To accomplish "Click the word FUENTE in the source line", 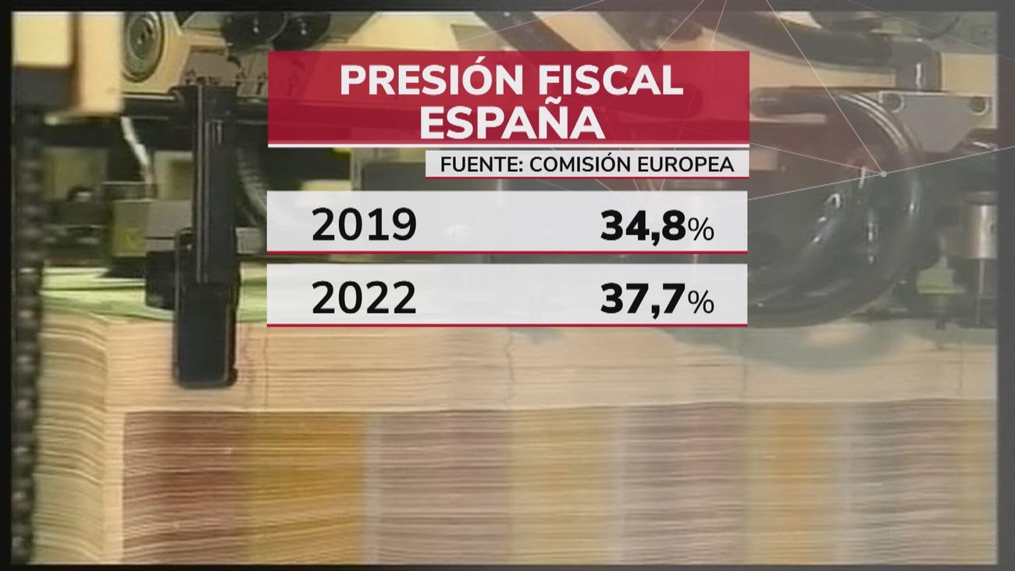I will pos(475,166).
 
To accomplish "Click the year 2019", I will pos(364,226).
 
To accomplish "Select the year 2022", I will pos(364,298).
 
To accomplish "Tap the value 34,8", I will pos(643,226).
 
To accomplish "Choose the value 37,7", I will pos(643,298).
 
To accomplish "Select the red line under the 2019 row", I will pos(507,253).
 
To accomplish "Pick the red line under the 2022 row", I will pos(507,325).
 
